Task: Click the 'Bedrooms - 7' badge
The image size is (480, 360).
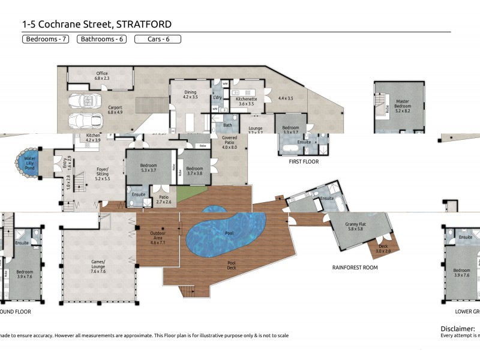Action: tap(46, 40)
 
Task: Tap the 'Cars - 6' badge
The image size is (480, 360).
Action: tap(157, 40)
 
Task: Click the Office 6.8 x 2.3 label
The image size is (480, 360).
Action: tap(102, 76)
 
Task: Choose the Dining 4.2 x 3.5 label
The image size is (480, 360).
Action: tap(190, 94)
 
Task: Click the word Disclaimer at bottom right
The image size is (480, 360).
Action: tap(458, 329)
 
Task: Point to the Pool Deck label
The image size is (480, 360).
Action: tap(231, 265)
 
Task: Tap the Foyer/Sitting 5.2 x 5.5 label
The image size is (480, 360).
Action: tap(107, 175)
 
